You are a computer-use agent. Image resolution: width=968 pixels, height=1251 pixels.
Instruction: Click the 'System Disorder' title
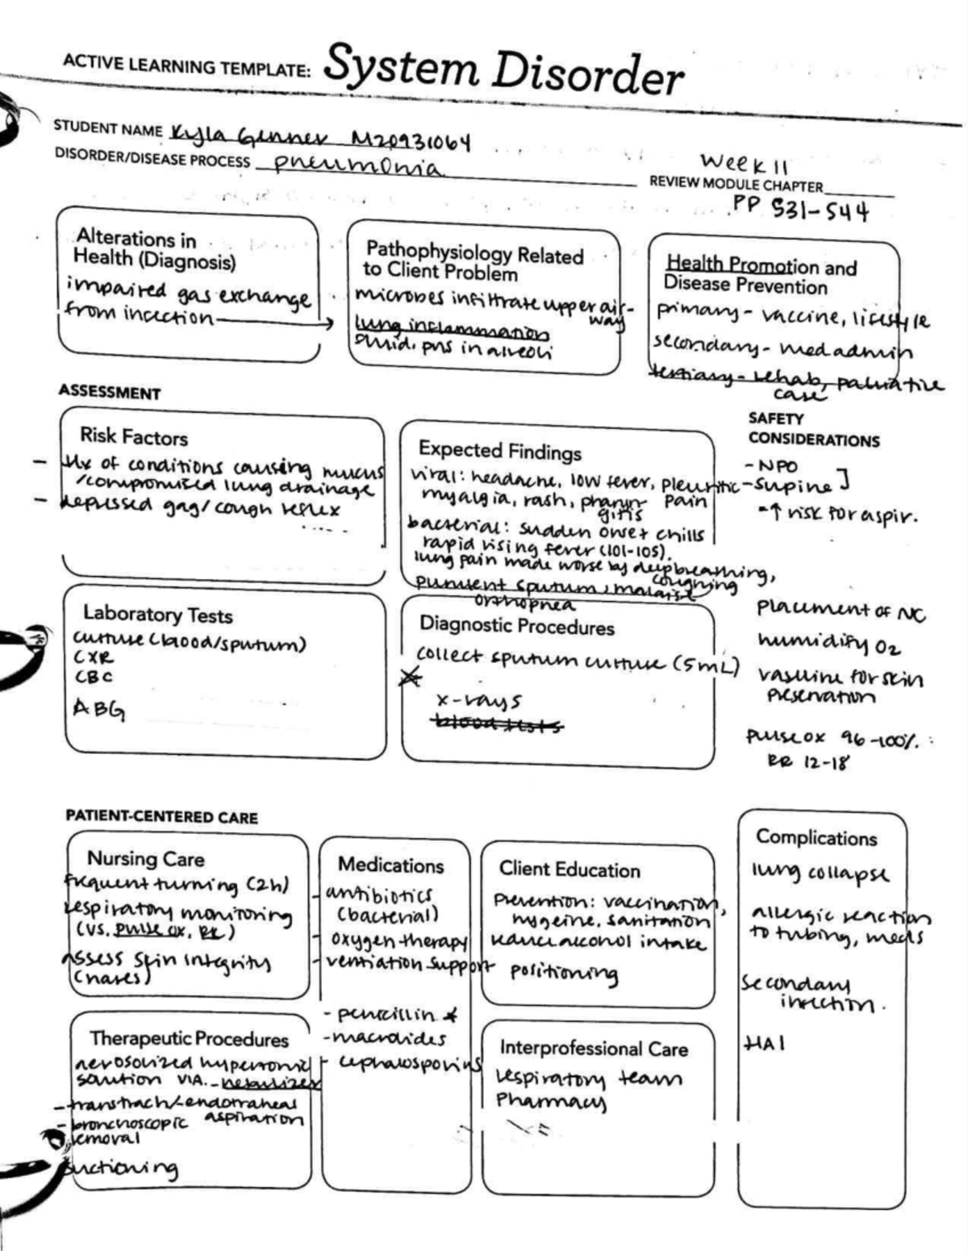[x=503, y=70]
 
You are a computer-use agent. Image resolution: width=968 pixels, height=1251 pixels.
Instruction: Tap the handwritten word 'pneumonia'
[x=360, y=165]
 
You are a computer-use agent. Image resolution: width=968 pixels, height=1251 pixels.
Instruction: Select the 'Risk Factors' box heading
[x=134, y=437]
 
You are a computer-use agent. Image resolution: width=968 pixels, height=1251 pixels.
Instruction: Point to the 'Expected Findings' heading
[x=499, y=451]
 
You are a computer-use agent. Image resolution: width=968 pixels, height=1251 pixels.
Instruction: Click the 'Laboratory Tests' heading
[x=158, y=615]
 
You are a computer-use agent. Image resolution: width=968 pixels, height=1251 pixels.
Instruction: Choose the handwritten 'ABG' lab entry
[x=98, y=709]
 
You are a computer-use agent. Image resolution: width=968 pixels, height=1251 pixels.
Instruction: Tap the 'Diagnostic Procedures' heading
[x=516, y=626]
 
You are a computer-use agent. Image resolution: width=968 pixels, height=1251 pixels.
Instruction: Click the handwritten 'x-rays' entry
[x=478, y=701]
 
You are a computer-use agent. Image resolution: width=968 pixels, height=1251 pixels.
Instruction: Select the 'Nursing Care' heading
[x=146, y=859]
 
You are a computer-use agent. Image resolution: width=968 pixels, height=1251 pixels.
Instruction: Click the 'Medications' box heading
[x=390, y=865]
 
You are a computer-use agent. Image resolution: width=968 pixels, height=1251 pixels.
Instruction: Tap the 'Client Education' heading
[x=569, y=869]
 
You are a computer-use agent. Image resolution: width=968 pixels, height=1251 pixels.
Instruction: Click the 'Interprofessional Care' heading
[x=593, y=1049]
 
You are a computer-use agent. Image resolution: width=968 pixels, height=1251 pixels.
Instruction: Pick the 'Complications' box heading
[x=816, y=838]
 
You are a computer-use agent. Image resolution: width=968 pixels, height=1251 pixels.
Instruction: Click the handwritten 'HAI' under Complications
[x=764, y=1044]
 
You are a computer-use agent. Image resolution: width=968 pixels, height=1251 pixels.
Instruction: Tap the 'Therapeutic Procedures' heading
[x=189, y=1039]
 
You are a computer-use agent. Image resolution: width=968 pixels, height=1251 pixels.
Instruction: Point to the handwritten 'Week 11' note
[x=744, y=163]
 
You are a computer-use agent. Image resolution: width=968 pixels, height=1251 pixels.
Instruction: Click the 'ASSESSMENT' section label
[x=110, y=394]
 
